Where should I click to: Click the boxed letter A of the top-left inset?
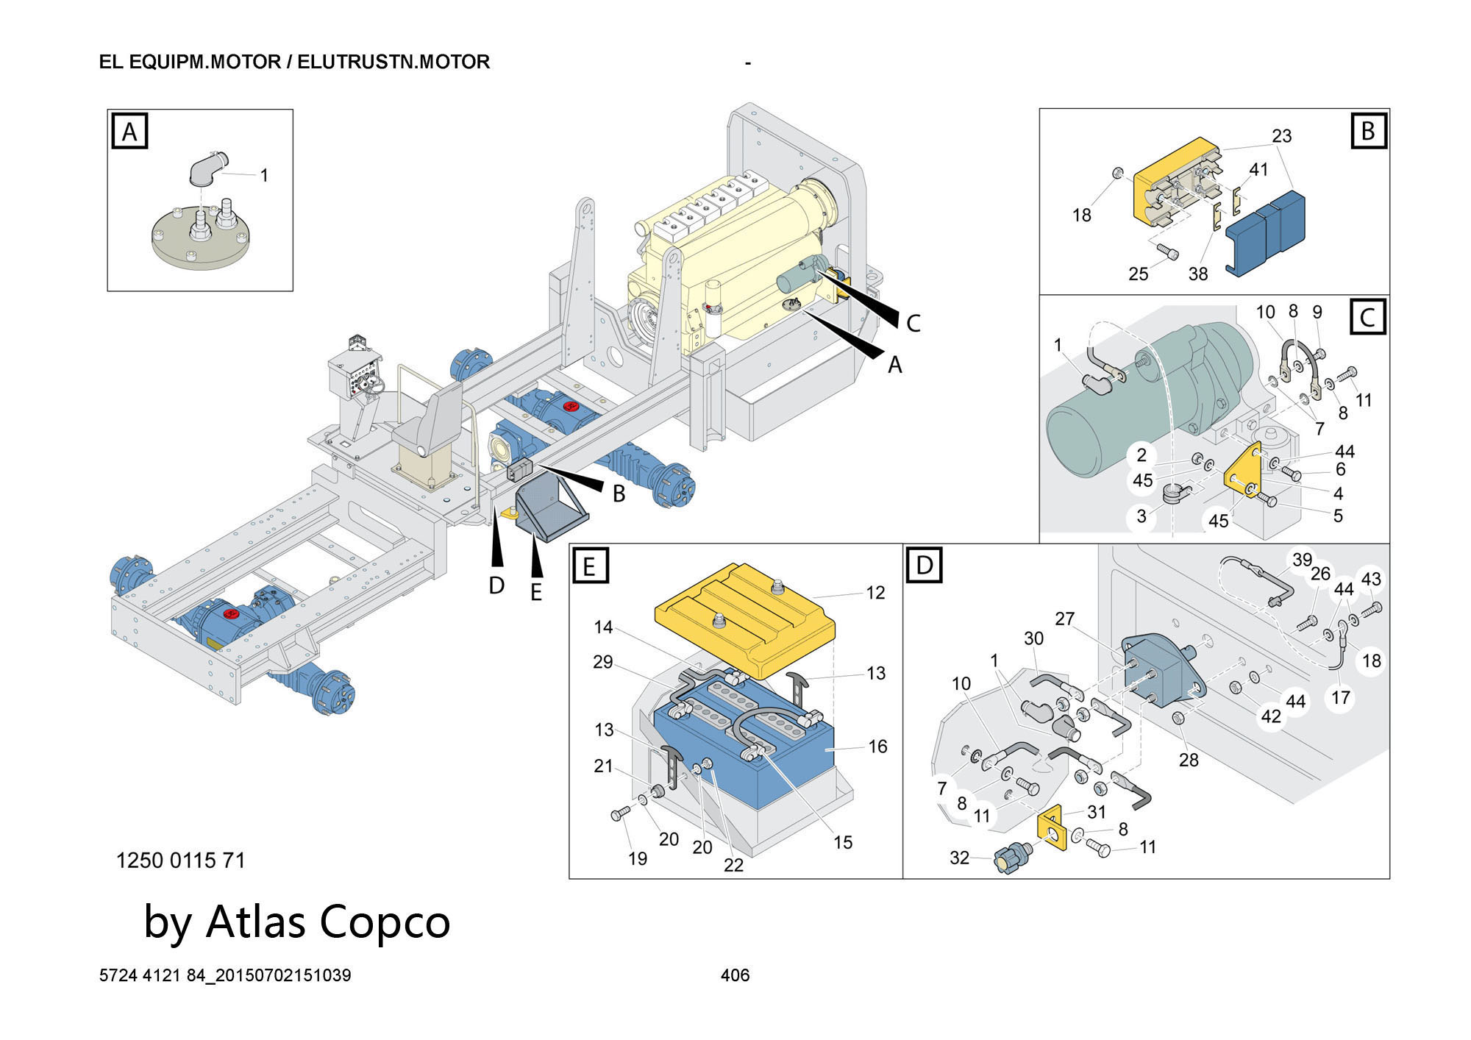129,132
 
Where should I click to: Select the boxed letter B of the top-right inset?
1368,131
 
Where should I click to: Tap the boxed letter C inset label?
1368,318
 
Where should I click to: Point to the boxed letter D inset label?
924,565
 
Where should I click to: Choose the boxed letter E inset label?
589,566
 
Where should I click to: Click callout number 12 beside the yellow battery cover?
875,593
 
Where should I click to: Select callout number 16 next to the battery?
877,747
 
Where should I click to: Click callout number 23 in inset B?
1281,136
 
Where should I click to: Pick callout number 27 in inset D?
1064,619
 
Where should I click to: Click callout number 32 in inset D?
959,858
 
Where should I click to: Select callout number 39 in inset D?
1302,560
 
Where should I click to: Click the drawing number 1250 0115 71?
180,860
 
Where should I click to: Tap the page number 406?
735,975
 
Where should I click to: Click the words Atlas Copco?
327,922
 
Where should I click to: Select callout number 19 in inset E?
637,858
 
